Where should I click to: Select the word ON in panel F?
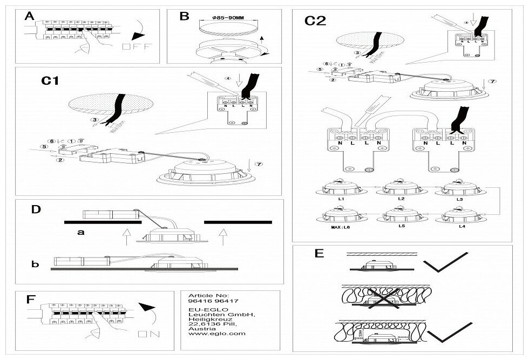pos(145,334)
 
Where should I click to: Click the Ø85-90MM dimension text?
pos(229,17)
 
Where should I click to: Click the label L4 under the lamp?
pos(462,227)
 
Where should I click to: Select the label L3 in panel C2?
pos(462,200)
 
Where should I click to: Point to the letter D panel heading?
pos(36,209)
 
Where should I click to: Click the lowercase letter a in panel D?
pos(80,234)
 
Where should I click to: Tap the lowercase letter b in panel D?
pos(36,264)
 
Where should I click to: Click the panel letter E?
pos(318,253)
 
